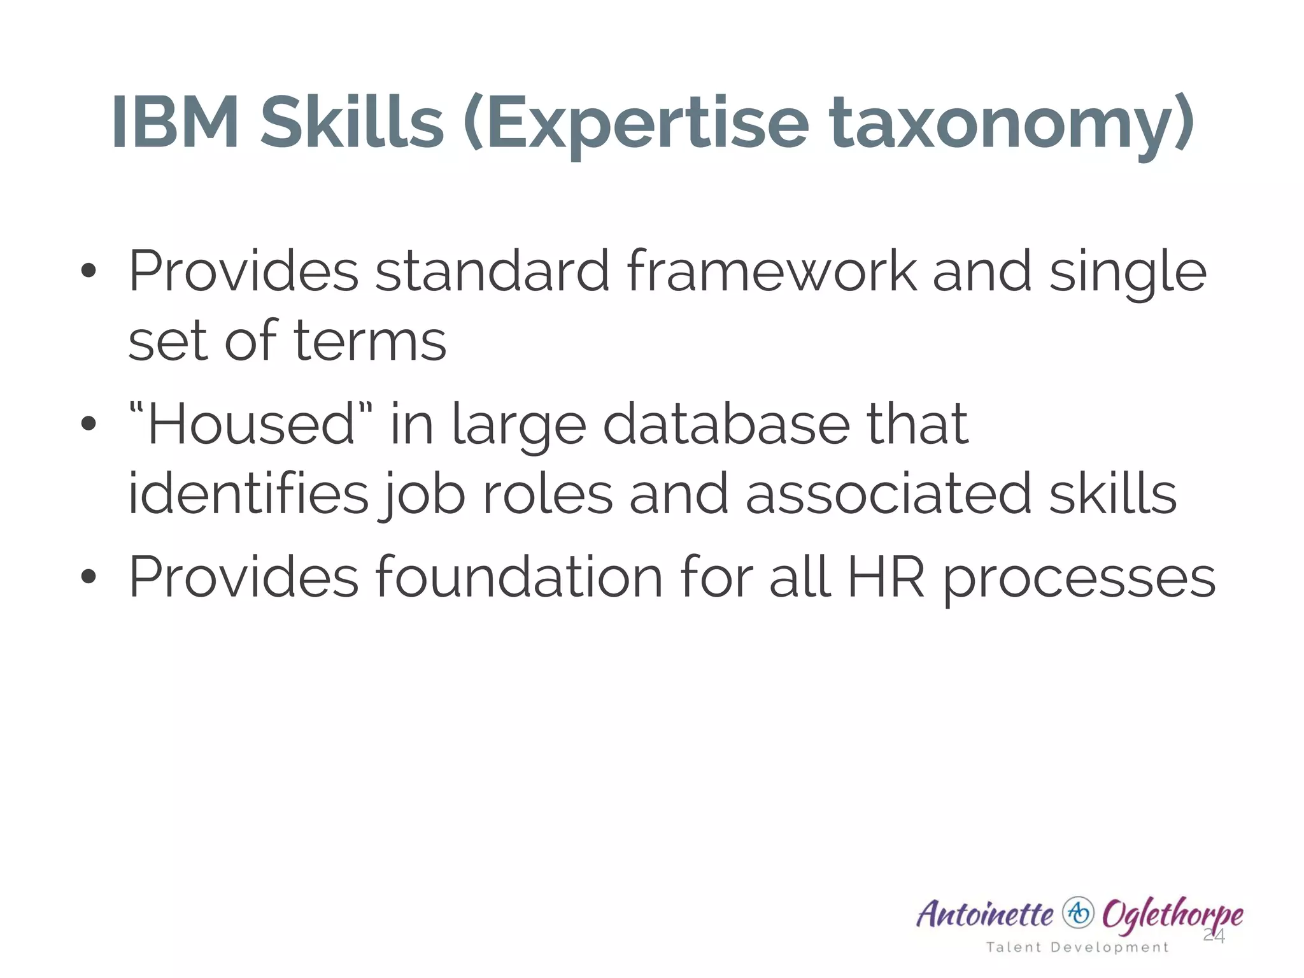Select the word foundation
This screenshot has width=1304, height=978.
(519, 577)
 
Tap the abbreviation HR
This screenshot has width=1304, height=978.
(886, 577)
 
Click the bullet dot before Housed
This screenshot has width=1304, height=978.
(89, 423)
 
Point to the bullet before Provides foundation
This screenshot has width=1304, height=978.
(89, 577)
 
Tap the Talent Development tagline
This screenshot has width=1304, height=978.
(1077, 947)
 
